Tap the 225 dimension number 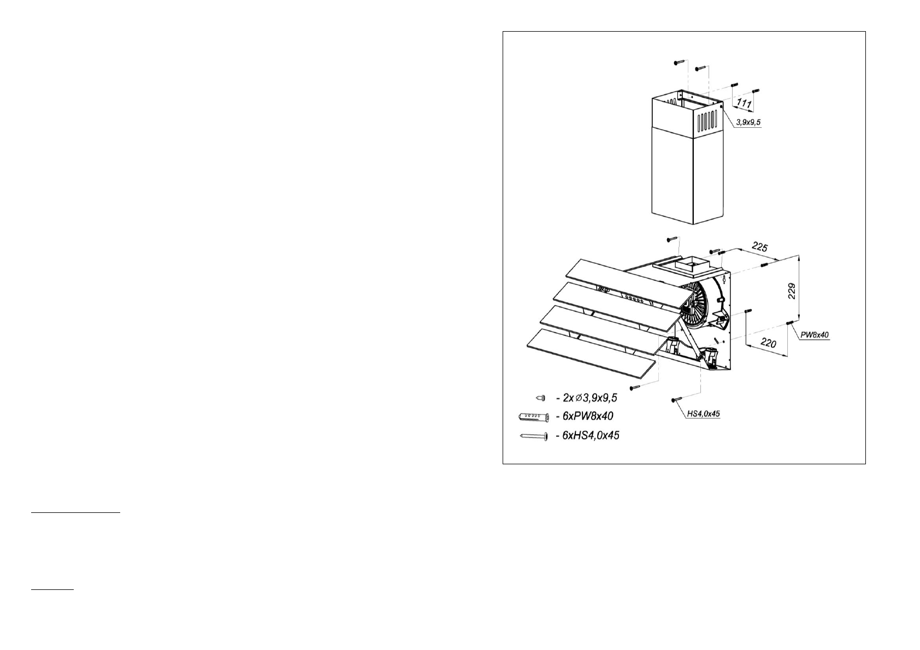[x=759, y=247]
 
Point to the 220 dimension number [x=768, y=345]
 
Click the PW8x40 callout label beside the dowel [x=815, y=334]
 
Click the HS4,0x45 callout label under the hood [x=702, y=414]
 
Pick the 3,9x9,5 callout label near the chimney [x=748, y=123]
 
